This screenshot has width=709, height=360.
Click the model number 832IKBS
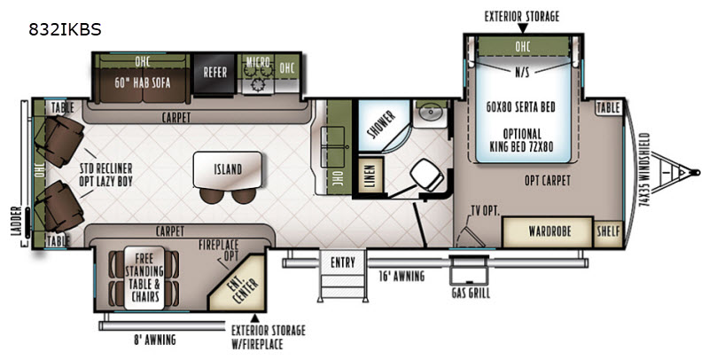pyautogui.click(x=65, y=30)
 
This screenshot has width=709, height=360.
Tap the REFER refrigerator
pyautogui.click(x=214, y=74)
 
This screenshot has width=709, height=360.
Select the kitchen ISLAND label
pyautogui.click(x=228, y=169)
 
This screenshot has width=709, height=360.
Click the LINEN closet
pyautogui.click(x=370, y=175)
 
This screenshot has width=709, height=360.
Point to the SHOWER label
pyautogui.click(x=382, y=124)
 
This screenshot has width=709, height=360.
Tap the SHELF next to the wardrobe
pyautogui.click(x=608, y=232)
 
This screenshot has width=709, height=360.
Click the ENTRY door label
pyautogui.click(x=343, y=262)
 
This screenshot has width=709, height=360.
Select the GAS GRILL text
pyautogui.click(x=471, y=293)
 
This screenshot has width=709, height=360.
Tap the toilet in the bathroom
pyautogui.click(x=427, y=174)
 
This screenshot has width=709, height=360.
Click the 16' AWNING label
pyautogui.click(x=401, y=276)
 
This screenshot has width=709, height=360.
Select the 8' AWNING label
pyautogui.click(x=154, y=340)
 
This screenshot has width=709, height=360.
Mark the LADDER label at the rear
pyautogui.click(x=17, y=221)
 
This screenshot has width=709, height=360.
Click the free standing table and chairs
pyautogui.click(x=144, y=278)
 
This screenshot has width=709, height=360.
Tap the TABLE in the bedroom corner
pyautogui.click(x=608, y=107)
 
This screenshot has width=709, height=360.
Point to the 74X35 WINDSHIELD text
pyautogui.click(x=644, y=170)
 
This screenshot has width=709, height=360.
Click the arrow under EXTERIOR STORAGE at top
pyautogui.click(x=522, y=28)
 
